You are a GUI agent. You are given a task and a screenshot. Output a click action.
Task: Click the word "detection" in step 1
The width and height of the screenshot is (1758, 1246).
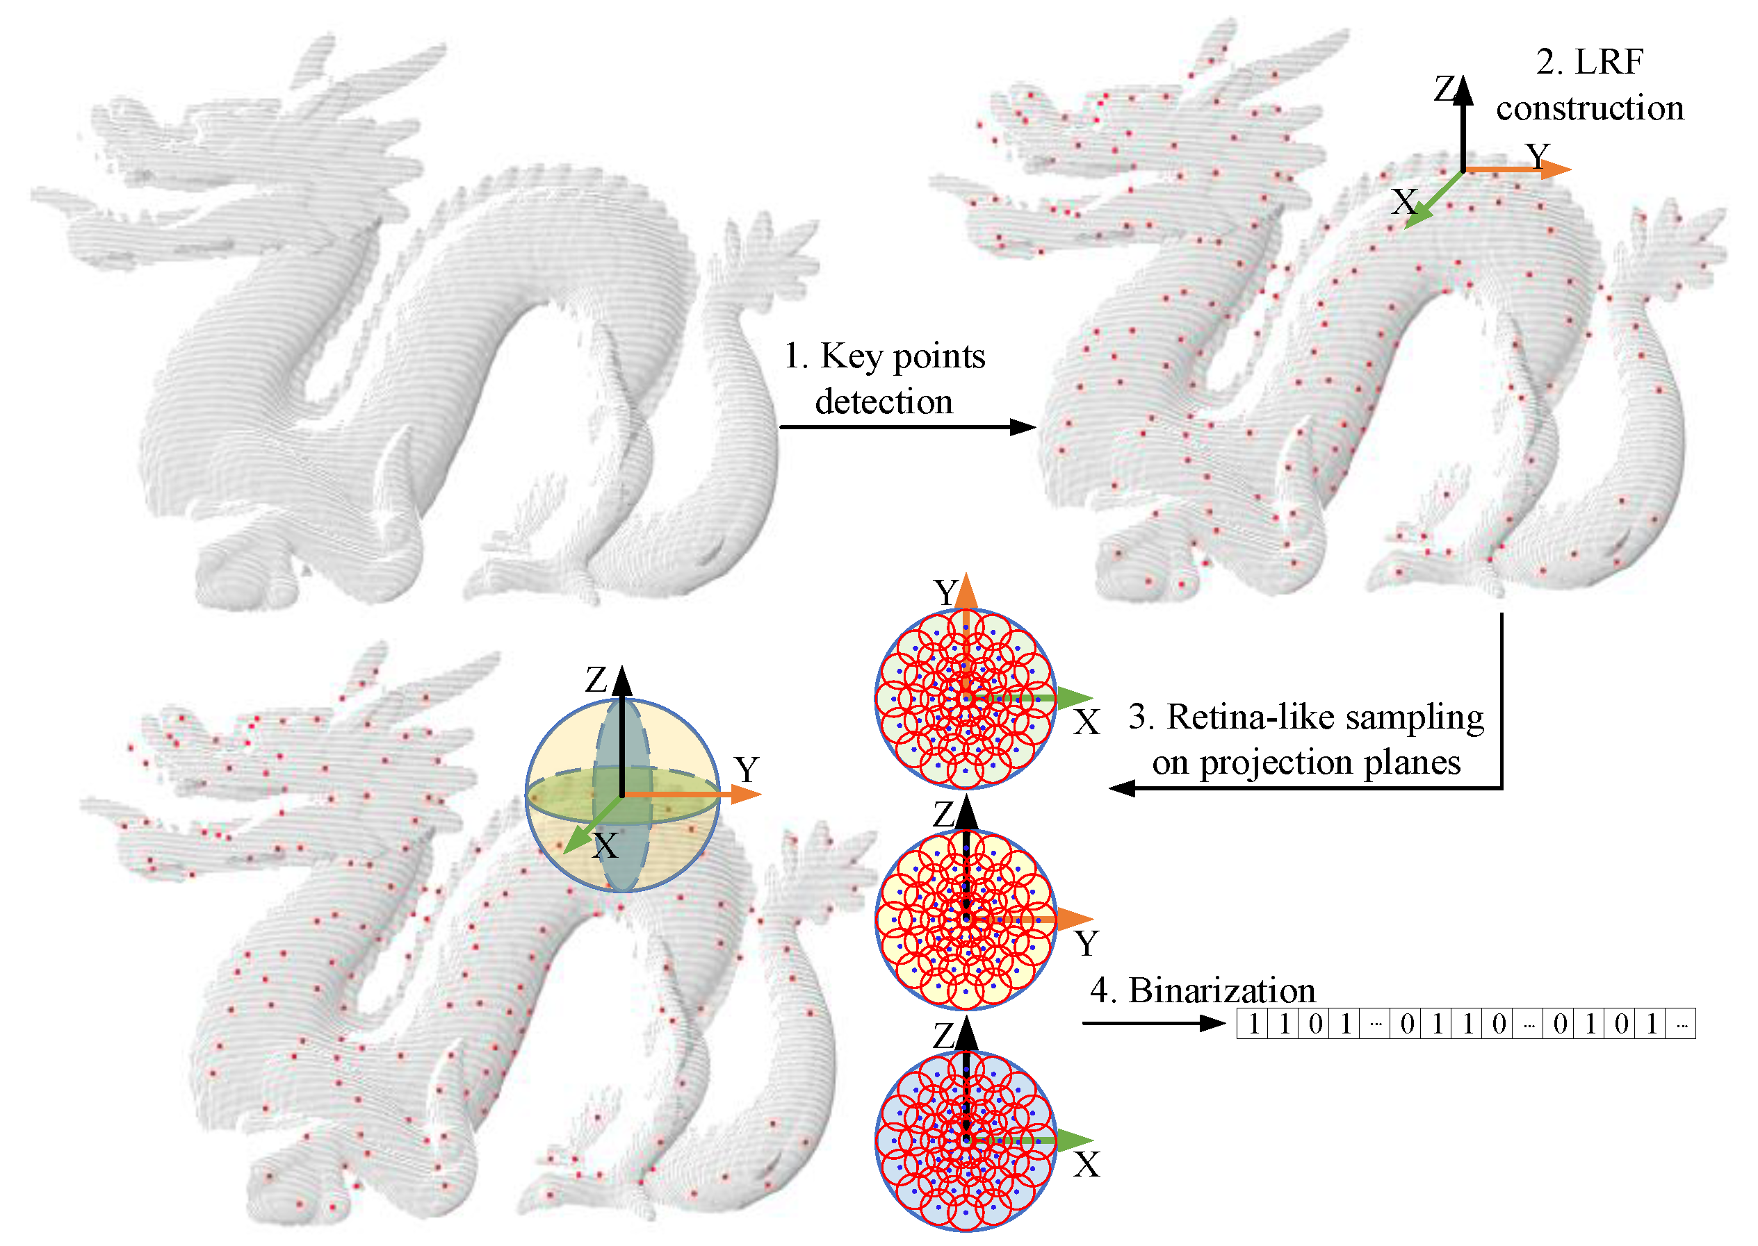pos(884,402)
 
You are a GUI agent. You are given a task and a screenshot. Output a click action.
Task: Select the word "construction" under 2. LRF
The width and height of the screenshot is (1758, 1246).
pos(1590,108)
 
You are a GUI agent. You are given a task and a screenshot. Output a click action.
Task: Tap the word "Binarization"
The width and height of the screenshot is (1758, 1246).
pos(1221,990)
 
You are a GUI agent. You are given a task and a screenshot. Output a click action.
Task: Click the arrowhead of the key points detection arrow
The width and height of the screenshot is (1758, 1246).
pos(1023,426)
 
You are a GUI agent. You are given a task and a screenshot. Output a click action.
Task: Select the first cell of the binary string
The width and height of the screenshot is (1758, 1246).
pos(1253,1024)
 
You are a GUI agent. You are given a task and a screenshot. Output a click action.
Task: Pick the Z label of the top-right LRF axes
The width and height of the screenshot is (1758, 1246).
pos(1444,89)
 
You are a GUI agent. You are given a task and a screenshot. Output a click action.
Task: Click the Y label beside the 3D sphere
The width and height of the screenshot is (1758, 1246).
pos(746,770)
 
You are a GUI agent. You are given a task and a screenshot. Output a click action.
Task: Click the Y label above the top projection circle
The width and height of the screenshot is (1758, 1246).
pos(945,592)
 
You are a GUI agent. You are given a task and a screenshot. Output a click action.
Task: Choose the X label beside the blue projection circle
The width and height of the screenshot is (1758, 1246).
pos(1086,1165)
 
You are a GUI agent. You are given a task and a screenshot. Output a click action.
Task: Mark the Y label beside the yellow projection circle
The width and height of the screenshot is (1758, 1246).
pos(1086,944)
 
